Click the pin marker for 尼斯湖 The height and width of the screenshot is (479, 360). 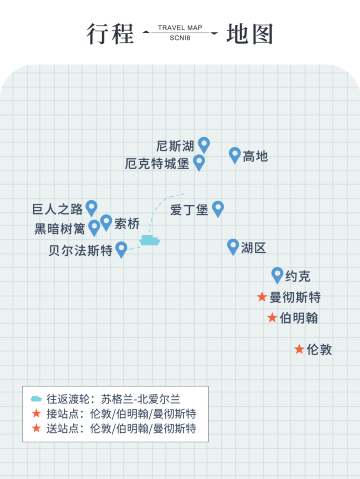[204, 144]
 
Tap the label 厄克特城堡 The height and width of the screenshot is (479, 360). [157, 163]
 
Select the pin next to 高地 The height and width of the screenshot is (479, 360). [235, 154]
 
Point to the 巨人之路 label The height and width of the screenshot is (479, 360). [58, 210]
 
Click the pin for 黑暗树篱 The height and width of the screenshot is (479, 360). [94, 227]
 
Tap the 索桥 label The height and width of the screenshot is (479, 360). [127, 223]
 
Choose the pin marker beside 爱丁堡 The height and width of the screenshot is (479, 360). [218, 208]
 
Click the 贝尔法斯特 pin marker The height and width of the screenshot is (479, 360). [121, 249]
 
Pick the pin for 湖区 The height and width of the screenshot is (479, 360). [233, 246]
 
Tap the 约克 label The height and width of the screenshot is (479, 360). [298, 276]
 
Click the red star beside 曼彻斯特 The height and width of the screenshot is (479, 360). [262, 297]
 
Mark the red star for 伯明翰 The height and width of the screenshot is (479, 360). [272, 318]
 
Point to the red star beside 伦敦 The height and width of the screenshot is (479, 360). [299, 349]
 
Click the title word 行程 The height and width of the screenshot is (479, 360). [110, 34]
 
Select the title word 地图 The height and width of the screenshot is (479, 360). [250, 34]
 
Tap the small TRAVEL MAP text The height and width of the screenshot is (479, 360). [180, 28]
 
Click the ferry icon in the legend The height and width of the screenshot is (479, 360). [36, 398]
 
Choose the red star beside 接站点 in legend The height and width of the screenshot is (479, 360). [36, 413]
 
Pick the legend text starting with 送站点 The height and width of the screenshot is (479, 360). [120, 428]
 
